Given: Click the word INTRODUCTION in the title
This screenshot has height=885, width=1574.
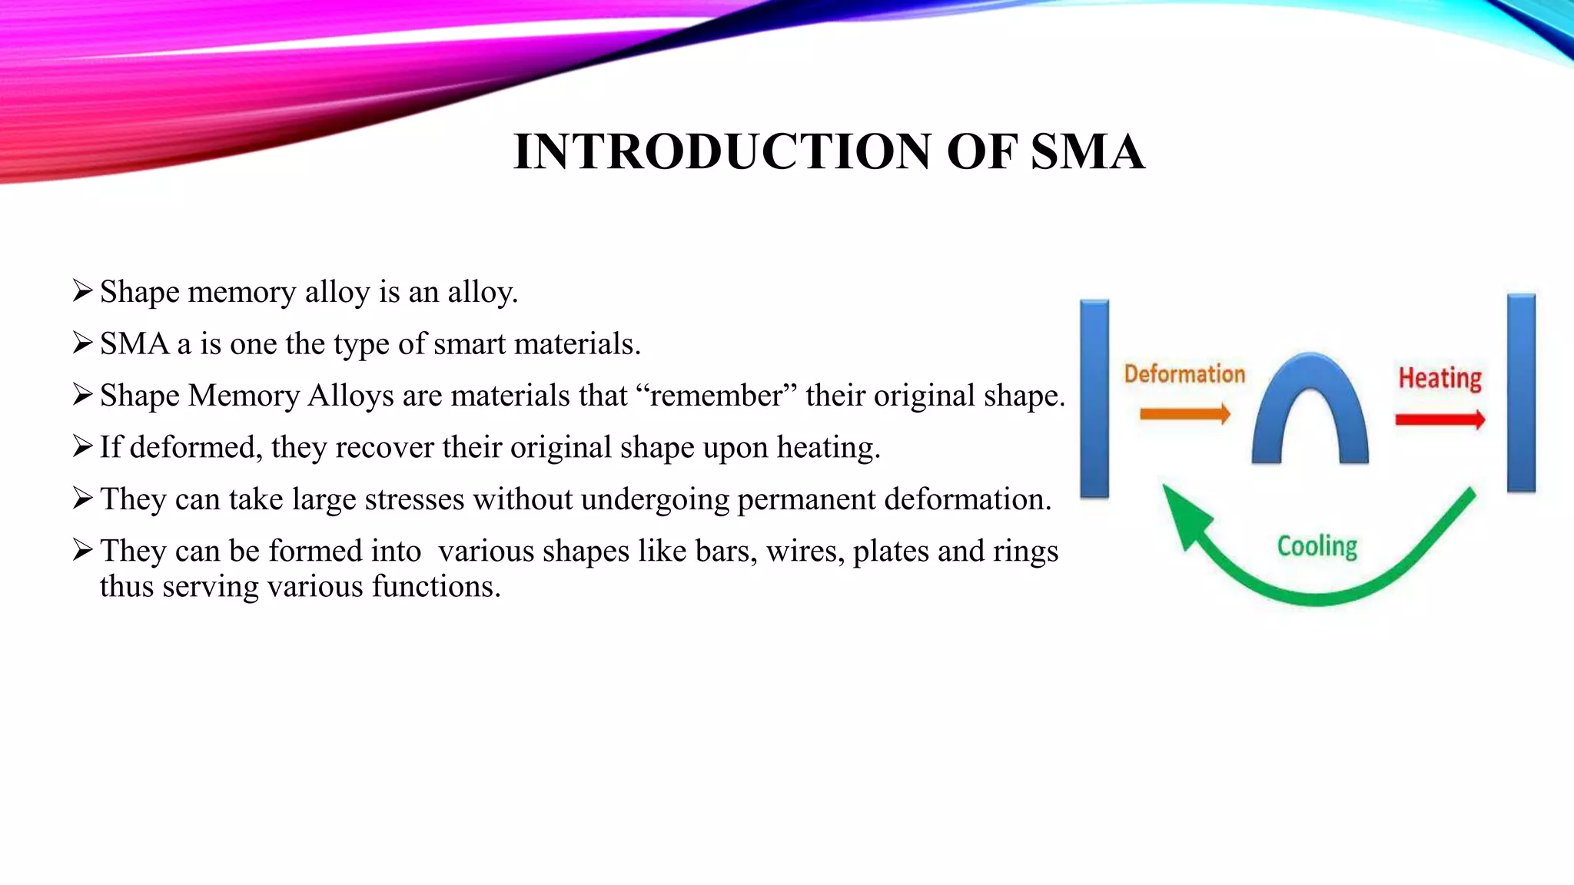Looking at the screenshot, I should coord(722,151).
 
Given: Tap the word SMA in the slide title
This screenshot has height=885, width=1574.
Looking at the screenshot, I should coord(1087,151).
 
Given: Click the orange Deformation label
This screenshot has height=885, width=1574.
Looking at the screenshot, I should coord(1184,374).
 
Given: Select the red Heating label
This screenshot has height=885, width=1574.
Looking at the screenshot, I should coord(1440,378).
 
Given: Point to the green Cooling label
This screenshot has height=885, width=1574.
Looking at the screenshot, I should coord(1317,546).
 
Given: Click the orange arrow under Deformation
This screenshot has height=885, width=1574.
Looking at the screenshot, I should coord(1184,415).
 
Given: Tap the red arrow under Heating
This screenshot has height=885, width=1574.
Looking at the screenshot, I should coord(1440,419).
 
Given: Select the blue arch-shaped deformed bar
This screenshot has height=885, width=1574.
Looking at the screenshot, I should coord(1310,407).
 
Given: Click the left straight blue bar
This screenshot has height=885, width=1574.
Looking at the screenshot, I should coord(1094,398).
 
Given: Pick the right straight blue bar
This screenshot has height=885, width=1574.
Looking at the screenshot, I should coord(1521,393).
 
